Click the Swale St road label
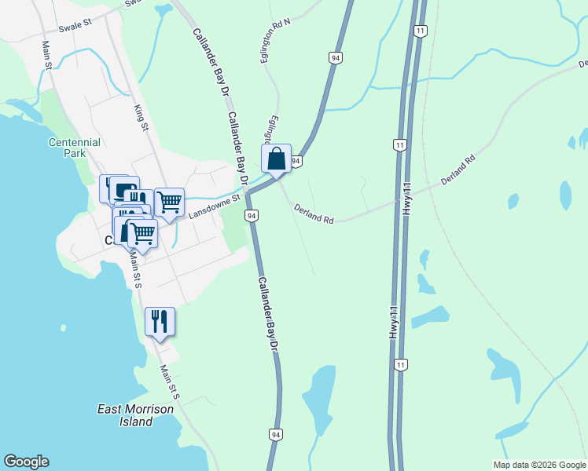point(75,26)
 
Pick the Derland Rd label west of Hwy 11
point(314,214)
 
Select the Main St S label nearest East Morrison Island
point(171,382)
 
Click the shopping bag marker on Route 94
point(277,159)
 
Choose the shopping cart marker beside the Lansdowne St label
point(170,203)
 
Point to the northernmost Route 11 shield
point(421,31)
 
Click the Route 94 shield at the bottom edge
point(275,434)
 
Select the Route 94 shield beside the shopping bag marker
point(296,161)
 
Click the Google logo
point(26,462)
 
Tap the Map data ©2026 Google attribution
point(539,465)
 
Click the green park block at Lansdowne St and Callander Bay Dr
point(234,231)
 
